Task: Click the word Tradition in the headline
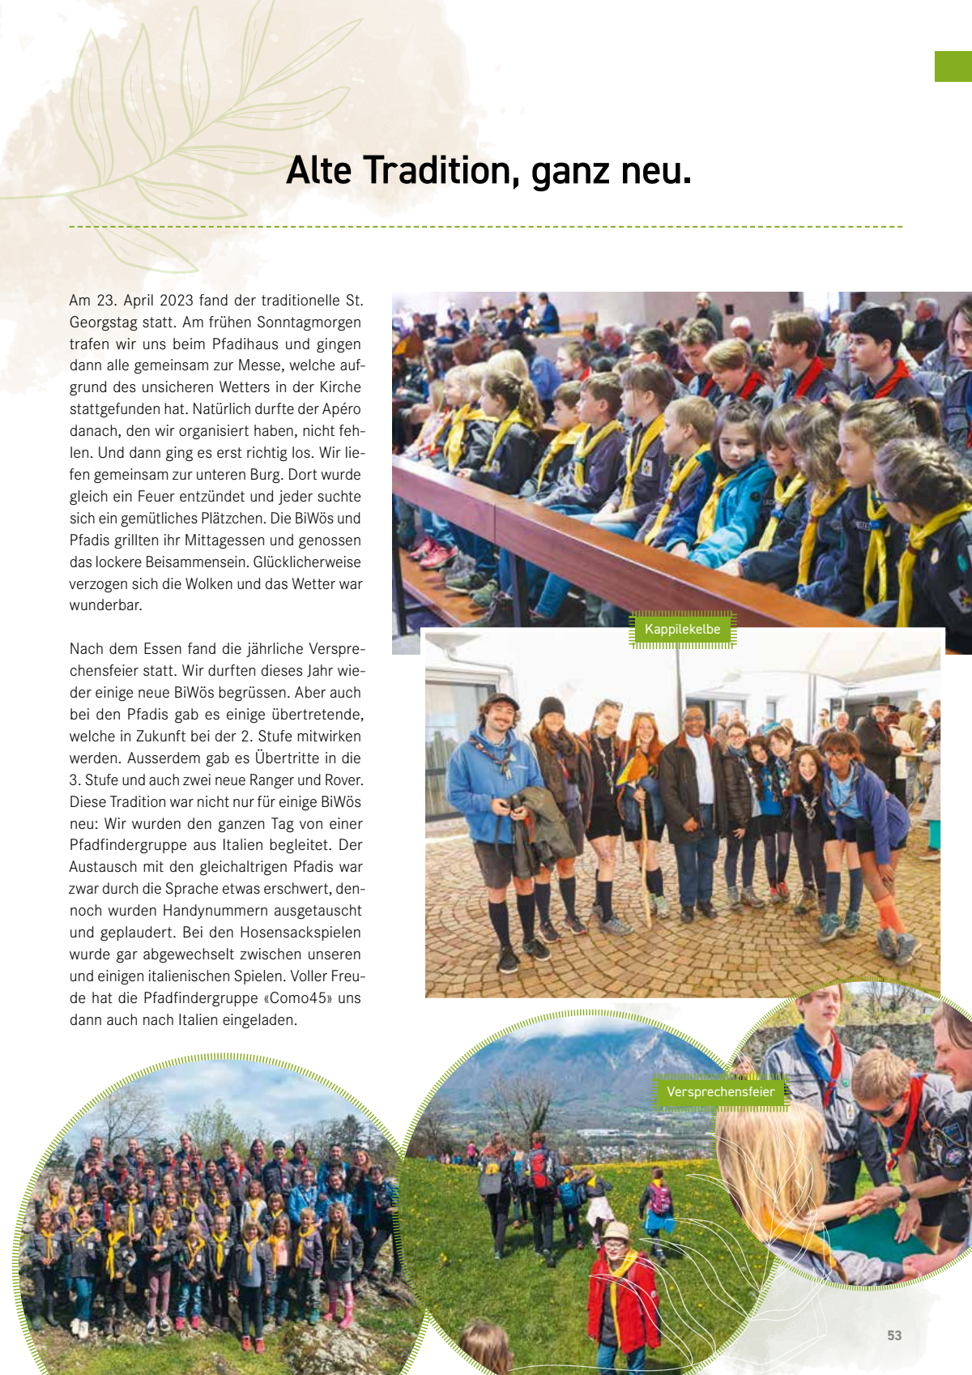coord(437,171)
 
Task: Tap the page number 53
coord(894,1335)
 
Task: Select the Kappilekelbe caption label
coord(682,629)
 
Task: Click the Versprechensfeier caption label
coord(720,1091)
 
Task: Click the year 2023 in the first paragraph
coord(176,301)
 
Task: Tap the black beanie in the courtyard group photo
coord(552,707)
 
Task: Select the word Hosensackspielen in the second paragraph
coord(273,933)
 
